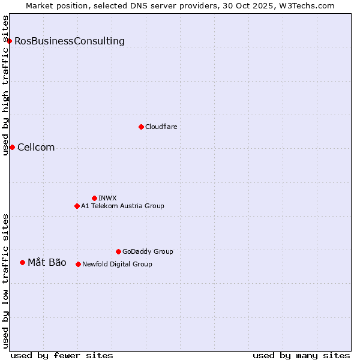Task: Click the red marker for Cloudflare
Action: point(141,127)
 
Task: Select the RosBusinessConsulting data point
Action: point(10,41)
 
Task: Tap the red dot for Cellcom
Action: point(12,147)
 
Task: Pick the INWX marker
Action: point(94,198)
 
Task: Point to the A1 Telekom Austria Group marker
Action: point(77,206)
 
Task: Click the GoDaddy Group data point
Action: point(118,251)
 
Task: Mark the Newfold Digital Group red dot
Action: point(78,264)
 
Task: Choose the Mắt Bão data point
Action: point(22,262)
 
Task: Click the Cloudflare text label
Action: point(161,127)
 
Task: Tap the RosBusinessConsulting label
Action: point(70,41)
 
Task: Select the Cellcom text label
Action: point(36,147)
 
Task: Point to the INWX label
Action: point(107,198)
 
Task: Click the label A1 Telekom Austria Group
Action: point(122,206)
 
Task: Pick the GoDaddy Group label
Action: point(148,251)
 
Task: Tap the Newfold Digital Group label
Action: point(117,264)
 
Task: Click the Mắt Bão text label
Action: point(47,262)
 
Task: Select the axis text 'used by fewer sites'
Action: point(62,355)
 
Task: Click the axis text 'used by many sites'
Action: point(301,355)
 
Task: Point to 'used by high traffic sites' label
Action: point(5,85)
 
